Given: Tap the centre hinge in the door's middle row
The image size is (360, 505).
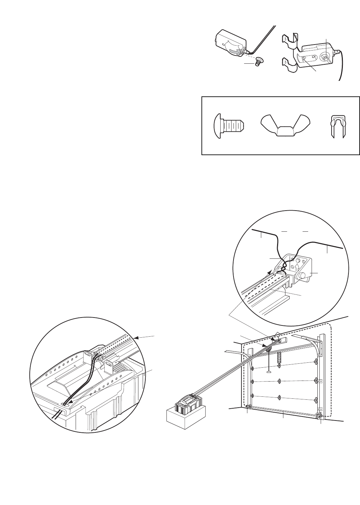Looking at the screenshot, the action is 280,381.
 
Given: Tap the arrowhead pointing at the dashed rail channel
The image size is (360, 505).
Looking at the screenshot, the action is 137,337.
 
